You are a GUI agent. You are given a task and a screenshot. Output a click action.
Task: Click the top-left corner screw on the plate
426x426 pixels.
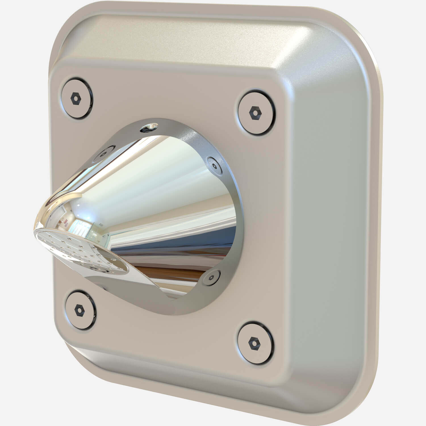click(77, 98)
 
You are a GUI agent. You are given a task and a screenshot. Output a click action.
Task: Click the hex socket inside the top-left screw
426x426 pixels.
click(76, 99)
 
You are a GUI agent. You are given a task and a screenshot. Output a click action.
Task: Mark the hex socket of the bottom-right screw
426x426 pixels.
click(254, 343)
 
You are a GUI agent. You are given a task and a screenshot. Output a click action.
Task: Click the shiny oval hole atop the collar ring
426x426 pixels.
click(150, 128)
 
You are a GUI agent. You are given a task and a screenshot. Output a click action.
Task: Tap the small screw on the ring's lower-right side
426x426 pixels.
click(212, 277)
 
